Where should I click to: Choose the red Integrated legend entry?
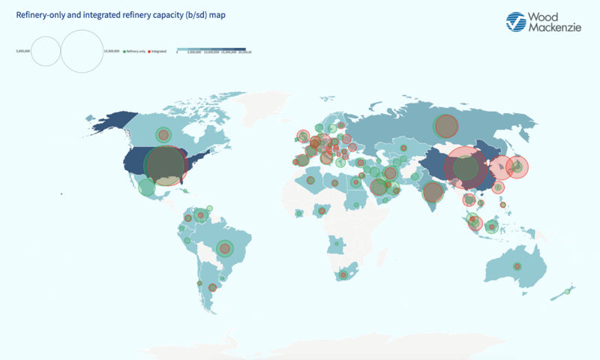[x=158, y=51]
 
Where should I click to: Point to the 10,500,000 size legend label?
[x=112, y=51]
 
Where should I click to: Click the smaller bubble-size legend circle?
[x=45, y=52]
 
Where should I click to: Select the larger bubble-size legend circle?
[x=81, y=51]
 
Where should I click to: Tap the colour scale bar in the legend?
[x=212, y=49]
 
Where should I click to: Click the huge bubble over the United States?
[x=165, y=166]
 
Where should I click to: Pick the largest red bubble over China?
[x=466, y=169]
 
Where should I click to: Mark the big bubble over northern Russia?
[x=446, y=126]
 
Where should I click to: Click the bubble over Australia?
[x=517, y=266]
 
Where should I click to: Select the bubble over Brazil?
[x=224, y=248]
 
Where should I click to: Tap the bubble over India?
[x=433, y=192]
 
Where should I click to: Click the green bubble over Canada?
[x=163, y=135]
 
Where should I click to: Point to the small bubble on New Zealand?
[x=568, y=292]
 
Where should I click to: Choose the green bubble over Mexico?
[x=147, y=187]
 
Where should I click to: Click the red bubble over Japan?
[x=517, y=167]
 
